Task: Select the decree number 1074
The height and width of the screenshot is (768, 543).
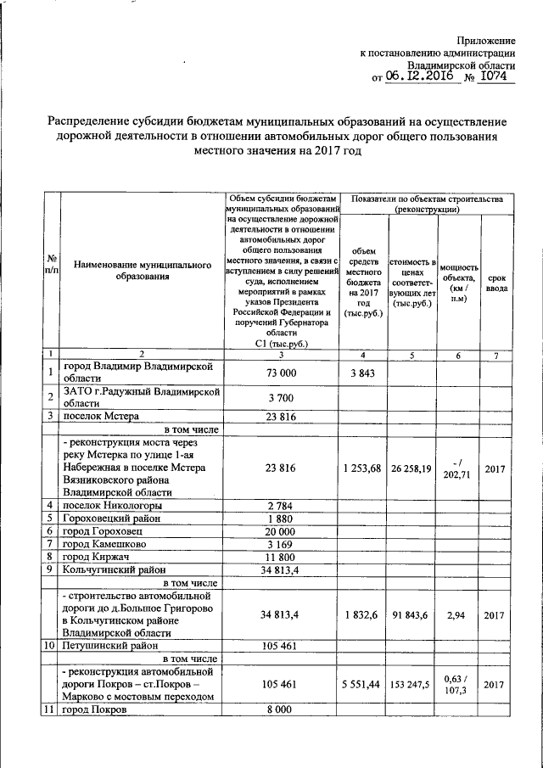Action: (493, 76)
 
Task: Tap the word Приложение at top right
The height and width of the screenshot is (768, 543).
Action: (486, 41)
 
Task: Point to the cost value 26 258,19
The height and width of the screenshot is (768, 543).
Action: (412, 468)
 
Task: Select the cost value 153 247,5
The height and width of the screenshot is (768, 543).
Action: (412, 683)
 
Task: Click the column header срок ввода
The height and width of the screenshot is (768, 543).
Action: (497, 283)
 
